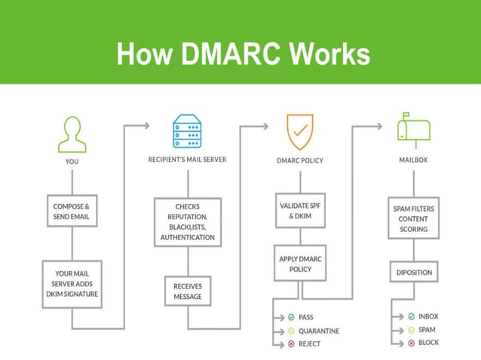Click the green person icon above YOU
click(x=72, y=134)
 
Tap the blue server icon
click(x=187, y=132)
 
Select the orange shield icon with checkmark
click(x=299, y=132)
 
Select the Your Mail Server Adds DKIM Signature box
click(x=72, y=284)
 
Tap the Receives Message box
click(x=187, y=291)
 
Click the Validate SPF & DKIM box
click(x=300, y=210)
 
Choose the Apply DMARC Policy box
click(x=300, y=264)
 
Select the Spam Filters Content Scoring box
click(x=413, y=218)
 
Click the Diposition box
click(x=413, y=273)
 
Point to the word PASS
click(x=306, y=317)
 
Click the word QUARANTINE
click(x=319, y=331)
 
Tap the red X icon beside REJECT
click(x=291, y=344)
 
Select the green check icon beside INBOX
click(x=411, y=317)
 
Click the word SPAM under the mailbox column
click(x=427, y=330)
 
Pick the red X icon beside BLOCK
click(x=411, y=343)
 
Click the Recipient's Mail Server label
click(x=187, y=160)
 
